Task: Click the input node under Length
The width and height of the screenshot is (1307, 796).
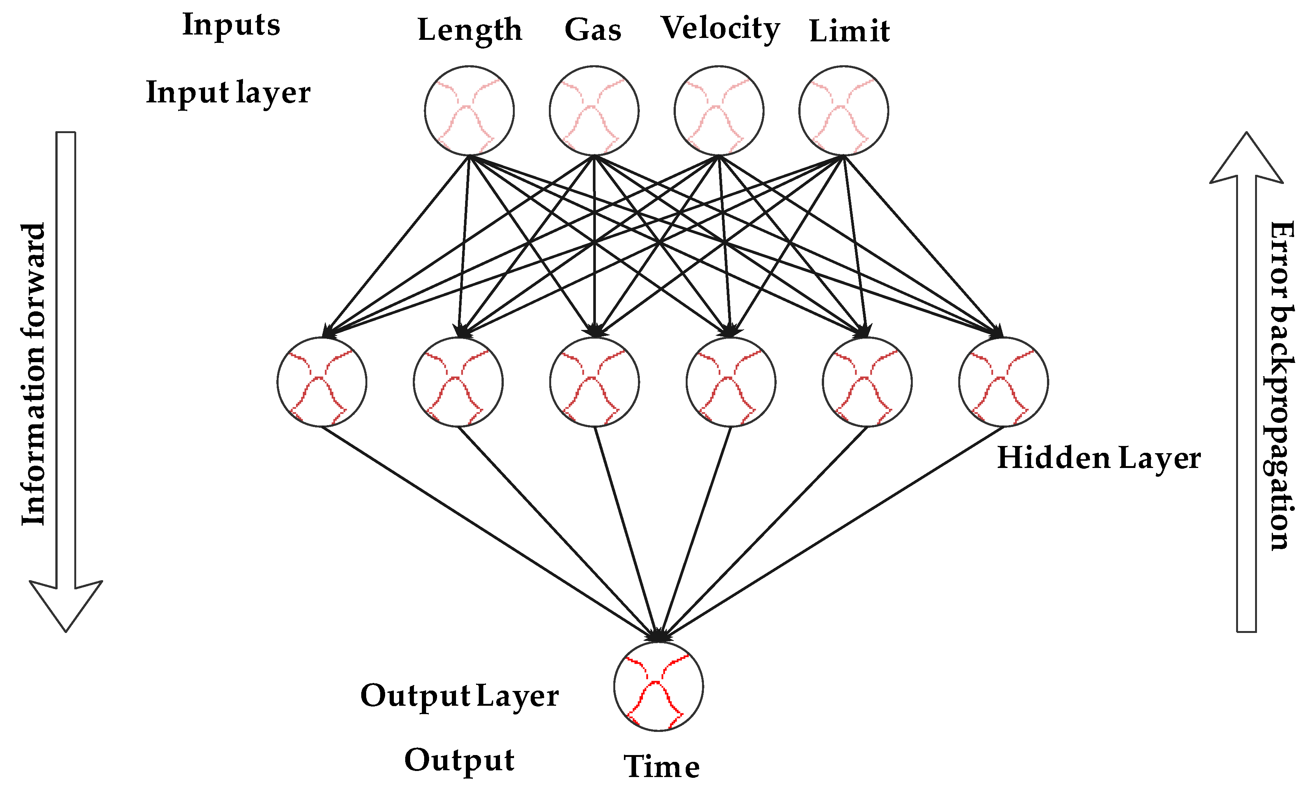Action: tap(469, 110)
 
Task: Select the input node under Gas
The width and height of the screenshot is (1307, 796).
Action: tap(594, 110)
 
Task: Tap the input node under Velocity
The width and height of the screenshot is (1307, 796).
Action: tap(719, 110)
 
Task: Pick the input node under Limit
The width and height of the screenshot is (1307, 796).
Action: tap(843, 110)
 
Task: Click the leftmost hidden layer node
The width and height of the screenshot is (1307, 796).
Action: tap(321, 382)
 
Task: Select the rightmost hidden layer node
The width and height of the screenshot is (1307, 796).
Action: tap(1003, 382)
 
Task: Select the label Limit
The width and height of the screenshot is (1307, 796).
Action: tap(849, 31)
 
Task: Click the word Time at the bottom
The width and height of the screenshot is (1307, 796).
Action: tap(661, 767)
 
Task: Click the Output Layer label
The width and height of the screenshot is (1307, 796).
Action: tap(459, 696)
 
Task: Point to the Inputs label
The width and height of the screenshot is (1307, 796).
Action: tap(231, 25)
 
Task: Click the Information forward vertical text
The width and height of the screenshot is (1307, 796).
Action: tap(33, 374)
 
